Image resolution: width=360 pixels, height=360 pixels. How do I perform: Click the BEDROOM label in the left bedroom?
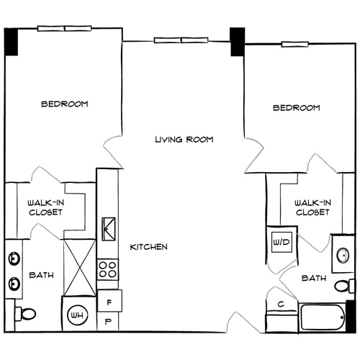coord(64,104)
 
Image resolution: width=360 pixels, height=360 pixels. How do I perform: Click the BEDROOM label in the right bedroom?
coord(296,108)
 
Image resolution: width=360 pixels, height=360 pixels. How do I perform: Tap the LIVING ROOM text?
coord(184,139)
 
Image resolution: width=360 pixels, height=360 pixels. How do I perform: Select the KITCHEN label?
coord(148,247)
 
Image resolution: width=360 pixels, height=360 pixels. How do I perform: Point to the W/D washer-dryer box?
coord(280,243)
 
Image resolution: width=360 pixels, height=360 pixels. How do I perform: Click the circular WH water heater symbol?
coord(76,315)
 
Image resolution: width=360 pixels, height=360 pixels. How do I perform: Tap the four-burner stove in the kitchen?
coord(107,270)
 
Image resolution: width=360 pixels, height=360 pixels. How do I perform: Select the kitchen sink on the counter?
coord(107,229)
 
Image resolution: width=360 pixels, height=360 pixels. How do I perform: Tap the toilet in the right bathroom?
coord(343,286)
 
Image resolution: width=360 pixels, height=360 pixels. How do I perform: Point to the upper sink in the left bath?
coord(14,258)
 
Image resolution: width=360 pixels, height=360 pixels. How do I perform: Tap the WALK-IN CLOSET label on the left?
coord(45,207)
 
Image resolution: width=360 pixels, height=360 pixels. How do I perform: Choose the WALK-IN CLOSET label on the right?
coord(312,207)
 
